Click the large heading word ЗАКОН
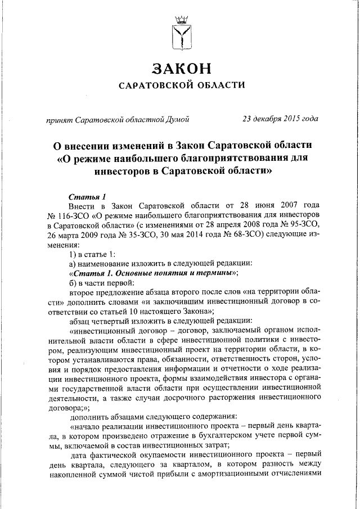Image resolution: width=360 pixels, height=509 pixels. coord(180,69)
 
